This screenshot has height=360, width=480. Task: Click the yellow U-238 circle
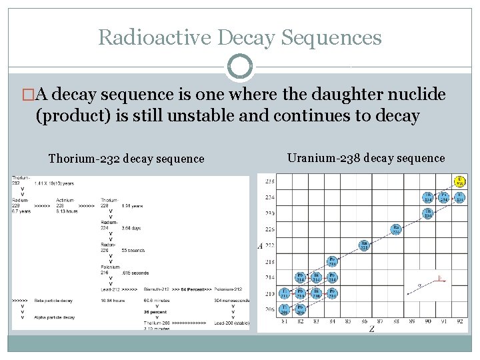pos(460,181)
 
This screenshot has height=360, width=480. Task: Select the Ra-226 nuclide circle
pos(396,229)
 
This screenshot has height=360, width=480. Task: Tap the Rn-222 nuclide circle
pos(364,245)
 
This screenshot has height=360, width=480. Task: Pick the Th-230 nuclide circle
pos(428,213)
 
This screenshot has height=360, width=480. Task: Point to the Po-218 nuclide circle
pos(332,261)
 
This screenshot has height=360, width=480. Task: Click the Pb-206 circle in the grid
pos(300,309)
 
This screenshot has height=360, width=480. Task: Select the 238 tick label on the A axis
pos(269,181)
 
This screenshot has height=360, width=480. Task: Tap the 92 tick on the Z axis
pos(460,322)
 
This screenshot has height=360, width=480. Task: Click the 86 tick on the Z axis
pos(364,322)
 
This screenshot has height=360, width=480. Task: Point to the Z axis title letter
pos(371,329)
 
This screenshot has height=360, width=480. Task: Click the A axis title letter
pos(260,245)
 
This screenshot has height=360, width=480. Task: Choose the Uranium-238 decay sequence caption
pos(366,158)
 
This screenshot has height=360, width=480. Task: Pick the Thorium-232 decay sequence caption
pos(127,159)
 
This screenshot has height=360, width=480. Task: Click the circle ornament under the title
pos(240,67)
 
